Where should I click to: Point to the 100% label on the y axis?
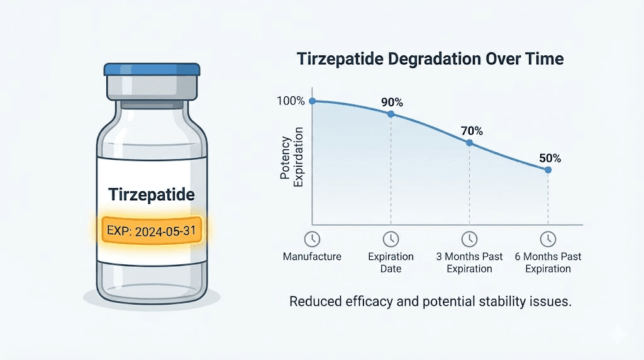[290, 101]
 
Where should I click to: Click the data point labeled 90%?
[391, 114]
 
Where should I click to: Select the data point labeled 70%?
[469, 143]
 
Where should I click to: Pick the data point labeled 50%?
[548, 170]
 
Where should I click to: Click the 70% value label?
[471, 131]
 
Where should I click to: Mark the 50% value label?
[549, 158]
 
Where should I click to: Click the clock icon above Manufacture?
[311, 239]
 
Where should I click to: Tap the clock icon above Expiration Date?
[391, 239]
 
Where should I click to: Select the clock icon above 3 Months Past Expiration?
[469, 239]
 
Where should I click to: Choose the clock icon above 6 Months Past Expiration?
[548, 239]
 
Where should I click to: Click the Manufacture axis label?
[311, 257]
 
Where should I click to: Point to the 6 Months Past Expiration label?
[548, 262]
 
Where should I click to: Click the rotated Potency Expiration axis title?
[291, 154]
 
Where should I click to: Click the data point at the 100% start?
[313, 101]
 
